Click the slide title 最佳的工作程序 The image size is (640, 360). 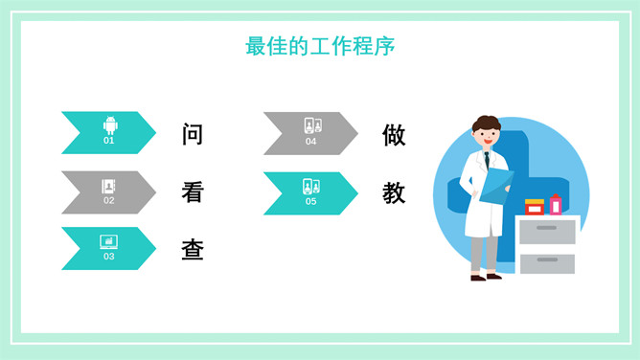320,46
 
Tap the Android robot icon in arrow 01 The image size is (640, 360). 110,125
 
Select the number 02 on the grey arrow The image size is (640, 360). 109,200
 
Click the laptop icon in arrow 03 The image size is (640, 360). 109,242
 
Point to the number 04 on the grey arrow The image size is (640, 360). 310,142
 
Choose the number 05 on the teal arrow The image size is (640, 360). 310,201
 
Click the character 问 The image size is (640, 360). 193,134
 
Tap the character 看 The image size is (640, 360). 193,192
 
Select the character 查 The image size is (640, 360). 193,250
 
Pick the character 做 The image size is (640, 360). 394,135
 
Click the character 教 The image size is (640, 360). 394,192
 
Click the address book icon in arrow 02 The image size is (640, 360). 108,187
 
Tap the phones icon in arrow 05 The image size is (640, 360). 311,187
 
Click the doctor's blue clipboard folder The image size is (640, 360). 496,186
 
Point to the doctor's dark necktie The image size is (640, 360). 487,160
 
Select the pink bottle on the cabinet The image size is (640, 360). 556,204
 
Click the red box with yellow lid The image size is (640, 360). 535,207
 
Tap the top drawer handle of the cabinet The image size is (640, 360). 546,228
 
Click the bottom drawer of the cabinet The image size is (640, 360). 547,264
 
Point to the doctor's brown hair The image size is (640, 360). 487,123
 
